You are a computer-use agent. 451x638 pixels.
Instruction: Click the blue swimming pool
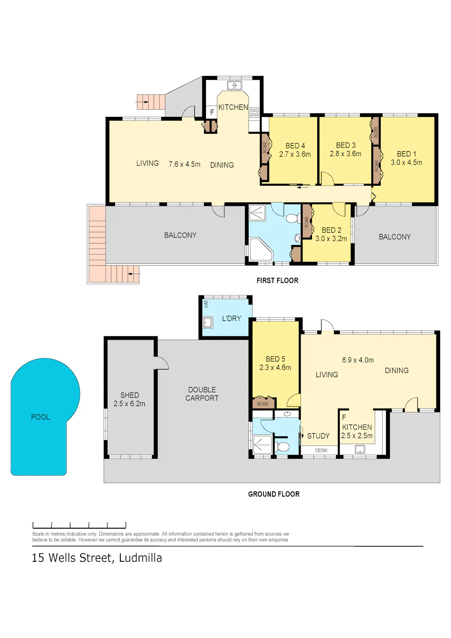[x=43, y=413]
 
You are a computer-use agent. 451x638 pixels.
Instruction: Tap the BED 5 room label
[x=275, y=359]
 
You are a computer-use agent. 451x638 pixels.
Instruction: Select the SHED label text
[x=130, y=395]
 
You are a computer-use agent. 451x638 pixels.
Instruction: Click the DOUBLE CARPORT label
[x=202, y=394]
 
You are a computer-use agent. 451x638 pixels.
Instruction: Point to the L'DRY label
[x=232, y=318]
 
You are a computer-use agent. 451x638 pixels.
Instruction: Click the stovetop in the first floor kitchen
[x=254, y=112]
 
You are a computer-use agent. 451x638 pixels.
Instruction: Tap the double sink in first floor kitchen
[x=235, y=85]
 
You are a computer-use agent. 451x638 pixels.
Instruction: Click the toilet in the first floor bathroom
[x=292, y=219]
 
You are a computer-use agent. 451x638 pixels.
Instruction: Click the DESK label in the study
[x=321, y=450]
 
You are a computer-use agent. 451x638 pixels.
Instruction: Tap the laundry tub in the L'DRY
[x=207, y=322]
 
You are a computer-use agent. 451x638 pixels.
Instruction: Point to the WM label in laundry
[x=206, y=304]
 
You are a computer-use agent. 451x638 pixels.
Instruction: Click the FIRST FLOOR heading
[x=277, y=281]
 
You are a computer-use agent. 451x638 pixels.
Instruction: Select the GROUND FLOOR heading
[x=274, y=494]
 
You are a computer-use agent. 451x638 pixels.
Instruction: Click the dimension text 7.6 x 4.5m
[x=184, y=164]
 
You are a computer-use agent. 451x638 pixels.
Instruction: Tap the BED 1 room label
[x=407, y=154]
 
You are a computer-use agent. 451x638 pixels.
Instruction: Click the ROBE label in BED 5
[x=263, y=404]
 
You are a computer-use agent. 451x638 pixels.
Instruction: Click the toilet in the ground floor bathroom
[x=282, y=447]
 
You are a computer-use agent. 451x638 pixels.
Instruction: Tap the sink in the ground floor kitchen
[x=360, y=449]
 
